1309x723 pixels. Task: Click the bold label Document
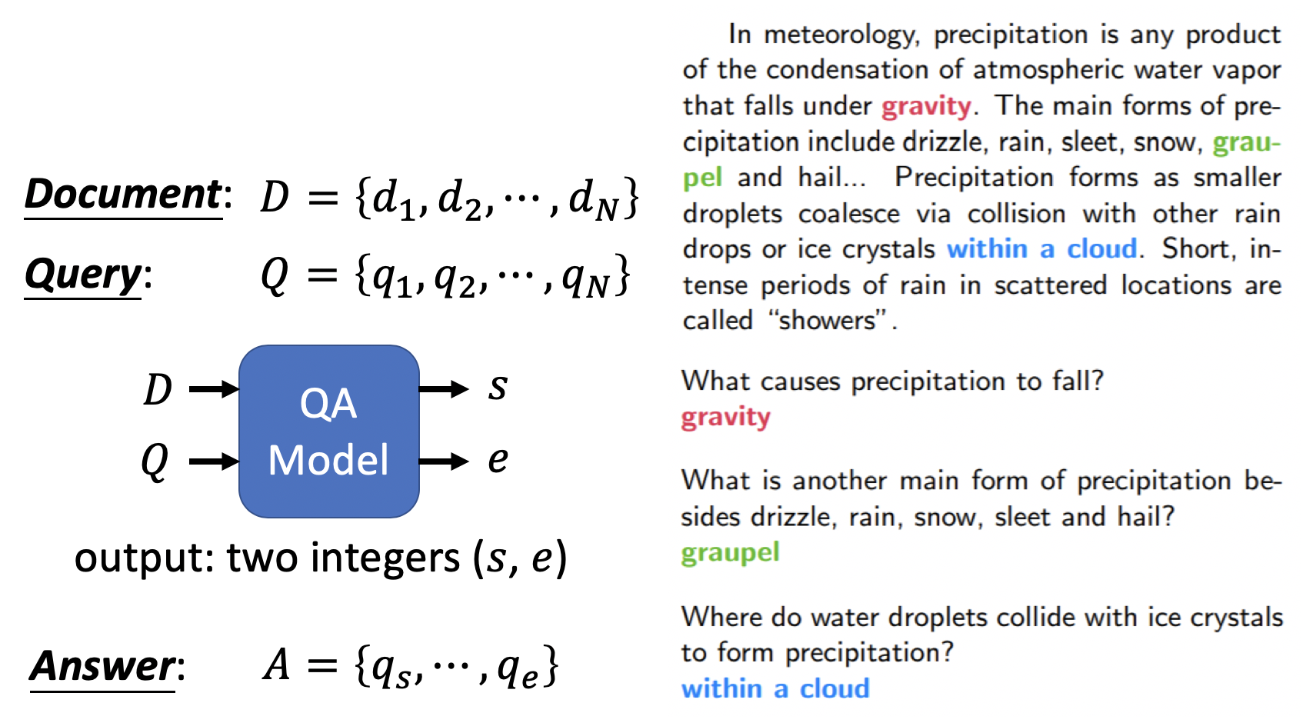[x=123, y=194]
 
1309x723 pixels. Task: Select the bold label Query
[x=83, y=275]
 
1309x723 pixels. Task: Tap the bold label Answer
[x=102, y=666]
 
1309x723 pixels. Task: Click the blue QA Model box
[x=328, y=431]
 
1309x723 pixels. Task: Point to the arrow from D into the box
[x=213, y=389]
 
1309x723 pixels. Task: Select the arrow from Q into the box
[x=213, y=461]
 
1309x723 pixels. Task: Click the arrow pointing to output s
[x=443, y=389]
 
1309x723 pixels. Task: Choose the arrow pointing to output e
[x=443, y=461]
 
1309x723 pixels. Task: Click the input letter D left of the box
[x=158, y=389]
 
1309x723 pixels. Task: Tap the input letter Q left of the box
[x=155, y=461]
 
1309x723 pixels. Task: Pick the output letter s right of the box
[x=498, y=387]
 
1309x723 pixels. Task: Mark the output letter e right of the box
[x=498, y=460]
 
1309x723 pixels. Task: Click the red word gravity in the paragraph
[x=926, y=106]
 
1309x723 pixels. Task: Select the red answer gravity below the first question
[x=725, y=418]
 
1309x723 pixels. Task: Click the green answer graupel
[x=730, y=553]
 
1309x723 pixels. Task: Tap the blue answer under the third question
[x=775, y=688]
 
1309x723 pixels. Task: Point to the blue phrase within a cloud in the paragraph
[x=1041, y=249]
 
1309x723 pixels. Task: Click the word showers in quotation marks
[x=827, y=320]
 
